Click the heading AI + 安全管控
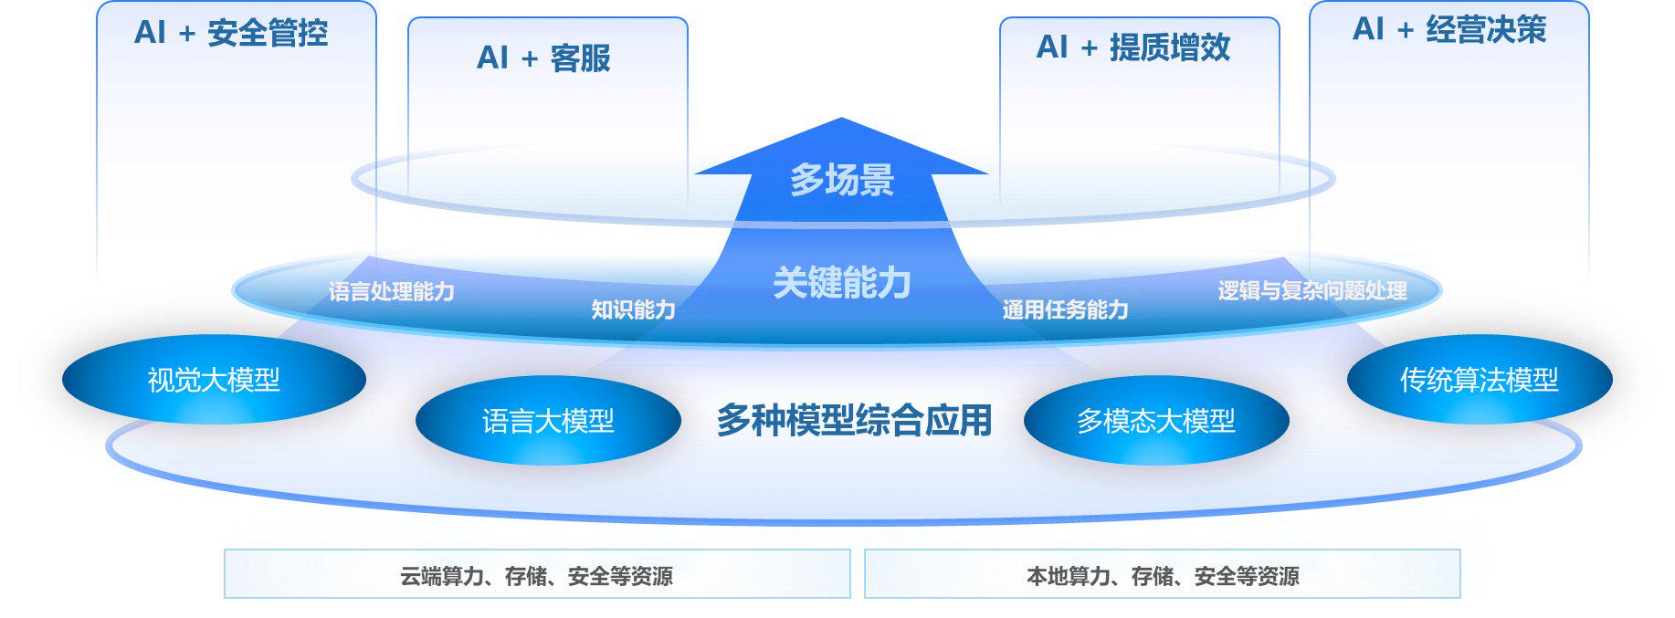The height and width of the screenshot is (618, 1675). coord(231,34)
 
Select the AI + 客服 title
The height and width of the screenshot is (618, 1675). coord(543,58)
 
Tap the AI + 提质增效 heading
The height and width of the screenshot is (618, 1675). coord(1133,47)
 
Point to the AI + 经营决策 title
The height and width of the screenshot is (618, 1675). coord(1449,30)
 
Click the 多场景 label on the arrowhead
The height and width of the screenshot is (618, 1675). coord(841,180)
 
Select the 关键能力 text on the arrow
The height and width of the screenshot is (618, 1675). coord(841,283)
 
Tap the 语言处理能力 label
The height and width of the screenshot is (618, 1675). coord(392,292)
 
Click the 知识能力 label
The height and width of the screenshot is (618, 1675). coord(633,310)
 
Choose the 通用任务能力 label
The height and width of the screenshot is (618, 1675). coord(1065,310)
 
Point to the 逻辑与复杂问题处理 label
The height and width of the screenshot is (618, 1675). coord(1312,291)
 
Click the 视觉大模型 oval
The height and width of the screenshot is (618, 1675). coord(214,380)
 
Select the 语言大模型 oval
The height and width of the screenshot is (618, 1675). coord(548,421)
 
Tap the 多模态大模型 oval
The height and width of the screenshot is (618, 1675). coord(1156,421)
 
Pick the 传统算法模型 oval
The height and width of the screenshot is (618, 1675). coord(1480,380)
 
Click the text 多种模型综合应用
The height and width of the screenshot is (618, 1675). coord(854,421)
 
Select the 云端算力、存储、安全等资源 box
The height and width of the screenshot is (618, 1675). coord(537,575)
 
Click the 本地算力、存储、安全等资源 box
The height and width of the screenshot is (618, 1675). coord(1163,575)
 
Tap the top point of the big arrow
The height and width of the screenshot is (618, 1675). coord(841,120)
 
